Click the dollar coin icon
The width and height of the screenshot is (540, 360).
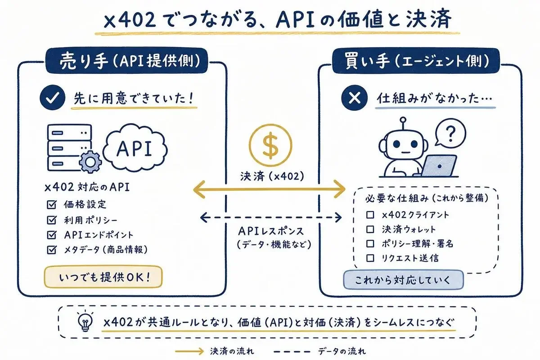click(270, 145)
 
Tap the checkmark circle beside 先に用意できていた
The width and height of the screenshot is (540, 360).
click(53, 97)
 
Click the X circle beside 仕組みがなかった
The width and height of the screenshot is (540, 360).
click(355, 98)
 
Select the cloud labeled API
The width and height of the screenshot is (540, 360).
click(135, 148)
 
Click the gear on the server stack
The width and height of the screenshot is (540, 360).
click(90, 162)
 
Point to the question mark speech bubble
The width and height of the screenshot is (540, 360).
click(450, 133)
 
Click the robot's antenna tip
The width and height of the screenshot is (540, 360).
click(403, 120)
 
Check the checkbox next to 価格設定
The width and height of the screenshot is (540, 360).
click(52, 204)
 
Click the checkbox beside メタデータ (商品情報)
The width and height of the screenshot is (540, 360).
click(52, 250)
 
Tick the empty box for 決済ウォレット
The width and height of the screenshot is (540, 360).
click(370, 229)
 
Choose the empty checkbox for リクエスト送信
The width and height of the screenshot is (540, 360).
click(370, 258)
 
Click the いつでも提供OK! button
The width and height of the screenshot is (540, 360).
click(103, 277)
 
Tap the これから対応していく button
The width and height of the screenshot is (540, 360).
click(403, 280)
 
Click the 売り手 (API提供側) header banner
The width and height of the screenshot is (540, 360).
click(127, 60)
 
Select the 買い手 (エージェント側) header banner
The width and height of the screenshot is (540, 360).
click(416, 61)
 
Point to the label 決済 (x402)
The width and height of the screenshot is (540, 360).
click(272, 176)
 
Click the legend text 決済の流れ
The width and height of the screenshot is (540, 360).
click(232, 351)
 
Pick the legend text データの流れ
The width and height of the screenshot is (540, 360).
click(342, 351)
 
